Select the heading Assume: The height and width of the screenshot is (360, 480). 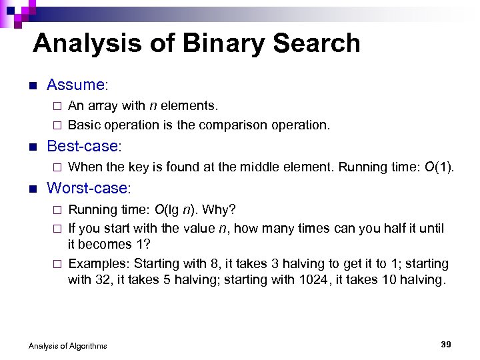coord(77,85)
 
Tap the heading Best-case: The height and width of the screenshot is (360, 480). coord(86,145)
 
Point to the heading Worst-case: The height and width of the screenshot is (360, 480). coord(89,188)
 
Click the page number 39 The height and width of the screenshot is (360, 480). coord(446,344)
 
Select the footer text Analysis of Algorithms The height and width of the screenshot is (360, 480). coord(67,345)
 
